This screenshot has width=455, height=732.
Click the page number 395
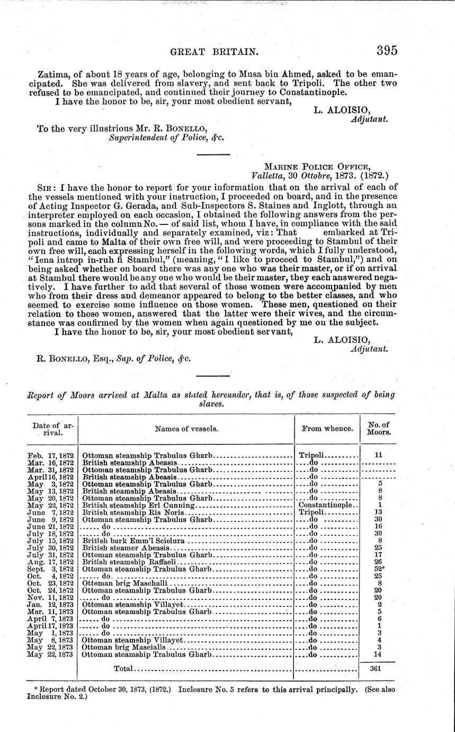(387, 50)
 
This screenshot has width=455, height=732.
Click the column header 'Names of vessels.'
(186, 428)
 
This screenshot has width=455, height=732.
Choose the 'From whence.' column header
(327, 428)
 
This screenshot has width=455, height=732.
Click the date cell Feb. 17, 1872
(51, 455)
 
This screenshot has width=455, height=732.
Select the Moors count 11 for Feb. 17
(378, 455)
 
